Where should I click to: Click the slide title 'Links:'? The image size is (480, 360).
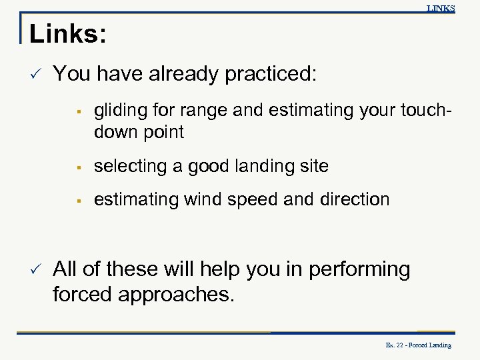67,35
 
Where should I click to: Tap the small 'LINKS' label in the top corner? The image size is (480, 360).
441,9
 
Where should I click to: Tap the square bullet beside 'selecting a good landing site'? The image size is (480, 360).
78,167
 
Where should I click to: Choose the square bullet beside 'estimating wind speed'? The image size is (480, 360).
78,200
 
